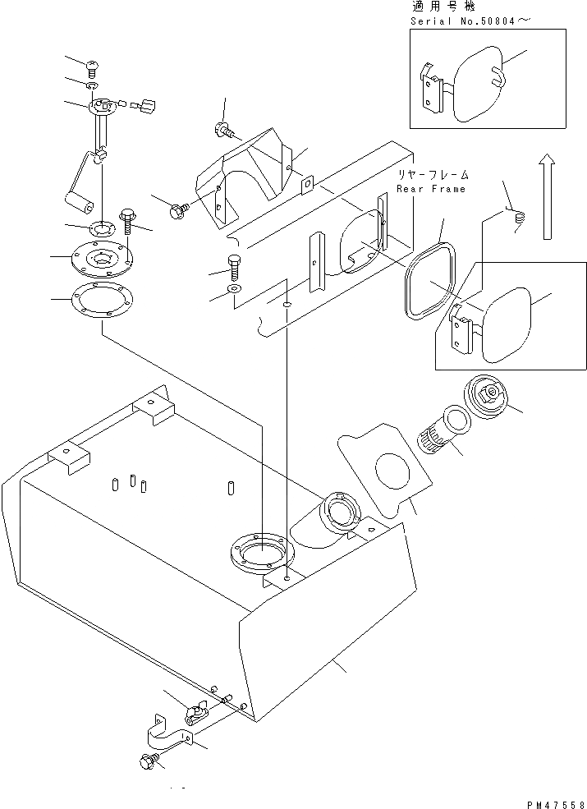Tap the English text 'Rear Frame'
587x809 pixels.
pos(431,189)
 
